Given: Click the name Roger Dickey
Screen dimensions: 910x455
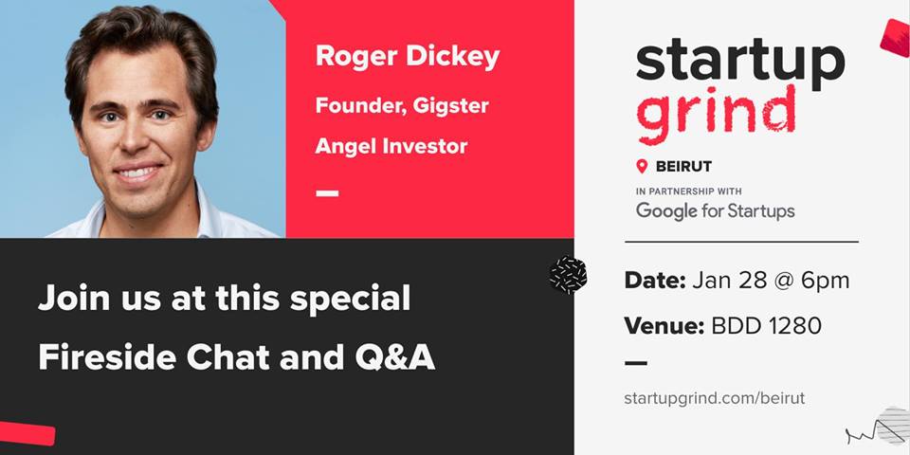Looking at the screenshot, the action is pyautogui.click(x=408, y=57).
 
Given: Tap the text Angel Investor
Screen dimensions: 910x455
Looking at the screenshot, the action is pyautogui.click(x=391, y=146).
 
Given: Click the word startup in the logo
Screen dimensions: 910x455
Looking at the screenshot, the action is pyautogui.click(x=740, y=61).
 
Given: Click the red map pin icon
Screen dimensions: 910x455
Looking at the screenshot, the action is pyautogui.click(x=642, y=167).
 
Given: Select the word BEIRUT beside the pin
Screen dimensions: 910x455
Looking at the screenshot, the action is pyautogui.click(x=683, y=167).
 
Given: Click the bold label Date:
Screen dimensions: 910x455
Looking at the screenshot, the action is pyautogui.click(x=655, y=281).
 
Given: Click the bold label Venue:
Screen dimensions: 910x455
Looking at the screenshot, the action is pyautogui.click(x=664, y=326).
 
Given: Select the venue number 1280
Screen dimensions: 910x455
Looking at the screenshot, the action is pyautogui.click(x=795, y=326).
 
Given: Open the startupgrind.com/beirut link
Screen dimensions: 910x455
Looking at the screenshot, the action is pyautogui.click(x=715, y=399).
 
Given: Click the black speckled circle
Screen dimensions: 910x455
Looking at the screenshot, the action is pyautogui.click(x=568, y=275).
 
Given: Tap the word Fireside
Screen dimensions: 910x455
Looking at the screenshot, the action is pyautogui.click(x=107, y=358).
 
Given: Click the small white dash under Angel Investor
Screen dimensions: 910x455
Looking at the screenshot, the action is pyautogui.click(x=327, y=193).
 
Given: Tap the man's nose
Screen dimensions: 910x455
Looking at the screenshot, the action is pyautogui.click(x=136, y=138).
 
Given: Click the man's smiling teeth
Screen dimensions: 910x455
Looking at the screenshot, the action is pyautogui.click(x=138, y=173).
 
